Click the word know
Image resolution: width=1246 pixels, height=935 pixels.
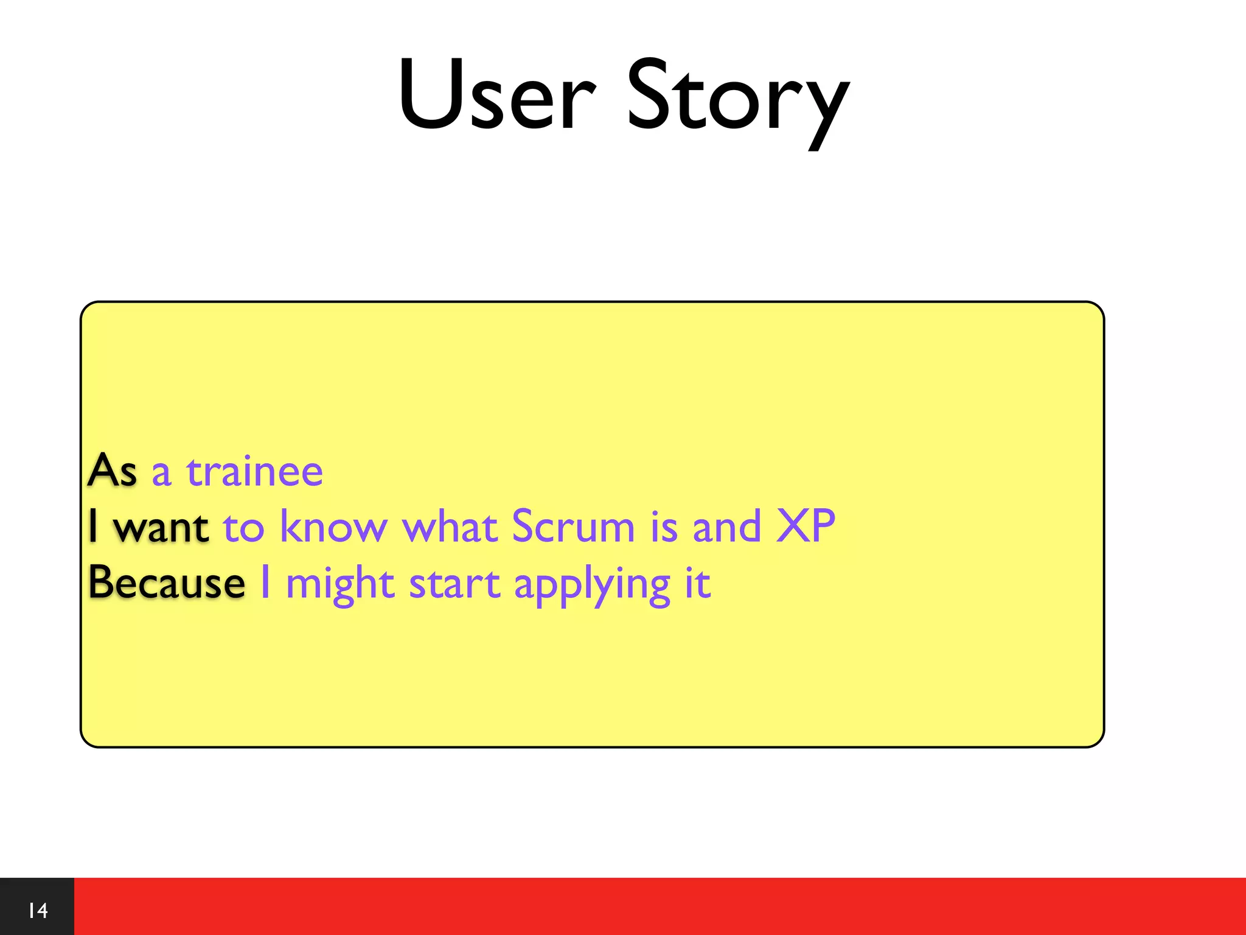click(333, 527)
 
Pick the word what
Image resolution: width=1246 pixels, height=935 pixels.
click(450, 527)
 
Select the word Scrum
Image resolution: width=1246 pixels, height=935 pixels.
click(573, 527)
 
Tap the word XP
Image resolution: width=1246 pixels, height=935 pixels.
click(806, 527)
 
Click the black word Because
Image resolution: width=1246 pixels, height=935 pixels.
click(167, 583)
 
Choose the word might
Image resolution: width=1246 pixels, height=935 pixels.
click(340, 584)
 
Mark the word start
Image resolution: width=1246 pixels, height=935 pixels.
click(454, 584)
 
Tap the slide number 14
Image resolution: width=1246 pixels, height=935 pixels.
click(38, 911)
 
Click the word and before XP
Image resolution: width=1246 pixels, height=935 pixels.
click(727, 527)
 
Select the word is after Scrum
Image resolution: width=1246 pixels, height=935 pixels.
click(664, 527)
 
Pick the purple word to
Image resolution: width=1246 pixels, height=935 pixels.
click(243, 528)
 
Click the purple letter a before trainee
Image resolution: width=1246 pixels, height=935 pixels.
click(161, 473)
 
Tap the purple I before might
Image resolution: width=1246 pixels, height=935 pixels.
click(265, 583)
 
